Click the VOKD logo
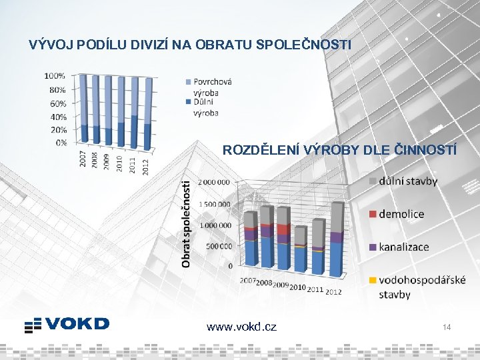pyautogui.click(x=67, y=324)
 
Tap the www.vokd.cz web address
pyautogui.click(x=241, y=327)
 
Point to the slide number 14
pyautogui.click(x=447, y=327)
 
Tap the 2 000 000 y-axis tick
pyautogui.click(x=215, y=182)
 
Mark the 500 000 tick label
pyautogui.click(x=217, y=246)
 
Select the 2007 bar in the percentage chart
pyautogui.click(x=83, y=110)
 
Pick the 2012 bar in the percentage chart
pyautogui.click(x=147, y=113)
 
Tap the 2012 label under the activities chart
pyautogui.click(x=333, y=291)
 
